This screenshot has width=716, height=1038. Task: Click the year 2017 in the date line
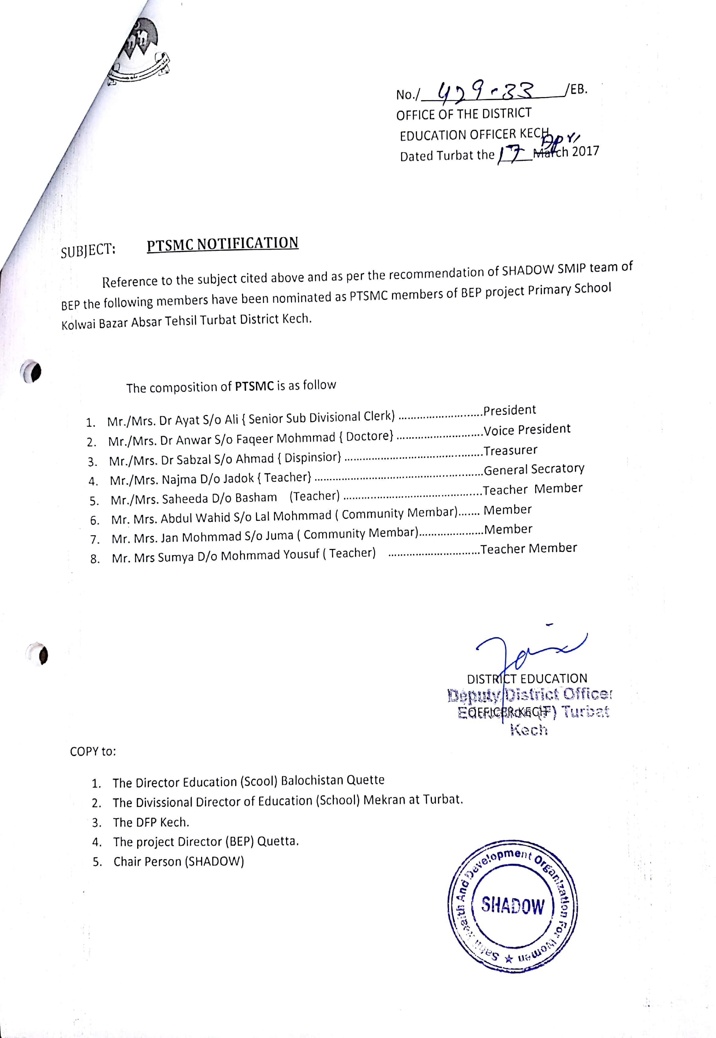tap(586, 151)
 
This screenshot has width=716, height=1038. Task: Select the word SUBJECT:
tap(88, 251)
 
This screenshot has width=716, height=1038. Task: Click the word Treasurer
tap(510, 450)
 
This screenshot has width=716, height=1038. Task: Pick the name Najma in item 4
tap(179, 479)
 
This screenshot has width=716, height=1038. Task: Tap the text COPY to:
tap(93, 751)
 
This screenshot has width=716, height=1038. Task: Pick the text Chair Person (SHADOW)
tap(179, 861)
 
